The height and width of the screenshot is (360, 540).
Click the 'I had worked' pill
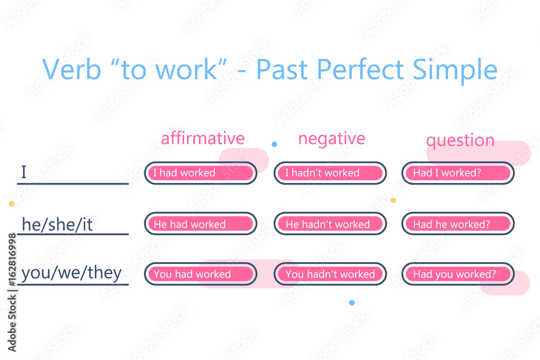point(200,173)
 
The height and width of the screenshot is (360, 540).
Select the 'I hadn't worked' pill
point(330,173)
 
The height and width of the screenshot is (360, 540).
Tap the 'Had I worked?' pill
point(457,173)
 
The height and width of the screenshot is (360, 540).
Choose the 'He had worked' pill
point(200,224)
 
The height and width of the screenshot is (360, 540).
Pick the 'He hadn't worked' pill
point(330,224)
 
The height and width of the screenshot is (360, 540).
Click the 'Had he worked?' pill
point(457,224)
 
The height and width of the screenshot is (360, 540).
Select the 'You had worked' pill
point(200,274)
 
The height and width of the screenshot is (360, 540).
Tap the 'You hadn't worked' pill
point(330,274)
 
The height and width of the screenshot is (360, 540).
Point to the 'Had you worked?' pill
point(457,274)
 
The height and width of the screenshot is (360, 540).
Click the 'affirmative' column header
point(202,139)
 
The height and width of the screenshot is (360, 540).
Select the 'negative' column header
point(332,139)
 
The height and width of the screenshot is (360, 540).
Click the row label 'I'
point(24,173)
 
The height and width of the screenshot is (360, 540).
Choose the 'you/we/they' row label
point(71,273)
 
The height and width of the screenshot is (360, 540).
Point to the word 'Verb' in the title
point(69,70)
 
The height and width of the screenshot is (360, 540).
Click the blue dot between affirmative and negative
point(274,144)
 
